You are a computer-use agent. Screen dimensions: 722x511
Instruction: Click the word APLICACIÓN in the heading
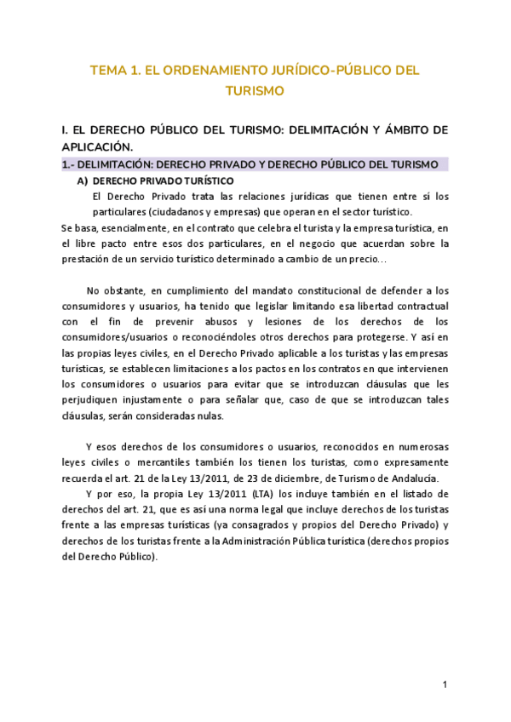(x=99, y=146)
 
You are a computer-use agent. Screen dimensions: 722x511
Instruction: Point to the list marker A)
(x=83, y=180)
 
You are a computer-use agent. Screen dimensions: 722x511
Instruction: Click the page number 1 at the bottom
(x=445, y=685)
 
